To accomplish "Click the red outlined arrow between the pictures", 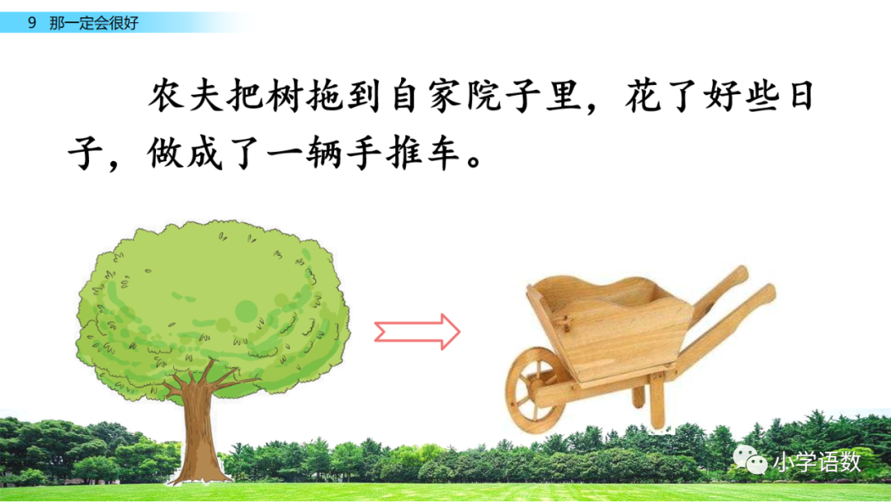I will (x=417, y=331).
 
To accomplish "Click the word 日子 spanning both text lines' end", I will (x=794, y=97).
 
